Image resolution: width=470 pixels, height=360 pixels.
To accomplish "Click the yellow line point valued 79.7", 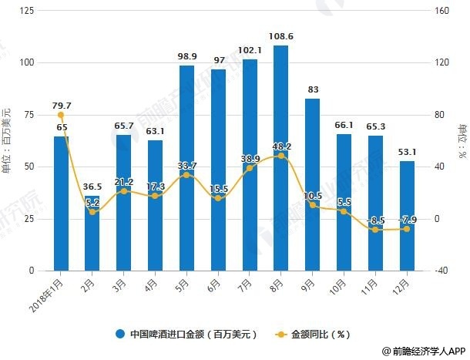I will coord(61,116).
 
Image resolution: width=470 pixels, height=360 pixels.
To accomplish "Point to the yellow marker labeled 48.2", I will coord(280,156).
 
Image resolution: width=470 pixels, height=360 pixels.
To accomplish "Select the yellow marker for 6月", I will coord(218,198).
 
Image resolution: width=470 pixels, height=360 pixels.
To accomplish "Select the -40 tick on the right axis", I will coord(441,271).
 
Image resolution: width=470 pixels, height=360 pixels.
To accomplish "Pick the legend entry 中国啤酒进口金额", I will coord(185,334).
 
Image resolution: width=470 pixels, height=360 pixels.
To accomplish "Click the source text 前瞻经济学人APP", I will coord(421,350).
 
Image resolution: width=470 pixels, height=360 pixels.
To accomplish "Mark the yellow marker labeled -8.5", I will coord(374,230).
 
